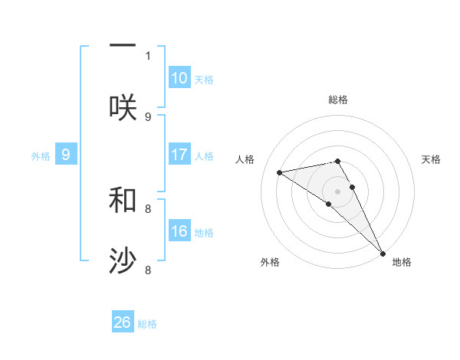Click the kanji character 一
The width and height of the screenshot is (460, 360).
point(123,46)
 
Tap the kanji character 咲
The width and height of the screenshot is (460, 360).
point(123,107)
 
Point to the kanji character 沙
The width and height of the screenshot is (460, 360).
point(123,261)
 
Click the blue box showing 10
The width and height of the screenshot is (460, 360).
point(179,78)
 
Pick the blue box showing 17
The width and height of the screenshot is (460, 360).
point(179,155)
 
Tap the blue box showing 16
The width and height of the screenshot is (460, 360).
point(179,231)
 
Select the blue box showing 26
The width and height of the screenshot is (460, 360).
point(123,322)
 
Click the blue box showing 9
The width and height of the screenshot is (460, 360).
point(66,155)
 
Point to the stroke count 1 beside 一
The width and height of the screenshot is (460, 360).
point(148,56)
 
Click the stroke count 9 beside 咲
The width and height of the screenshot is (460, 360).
point(148,117)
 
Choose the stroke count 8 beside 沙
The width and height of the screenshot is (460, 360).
point(148,270)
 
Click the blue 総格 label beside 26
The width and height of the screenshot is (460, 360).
point(147,324)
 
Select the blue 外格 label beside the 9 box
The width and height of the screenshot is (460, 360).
point(41,156)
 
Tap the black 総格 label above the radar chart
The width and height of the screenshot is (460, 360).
point(338,100)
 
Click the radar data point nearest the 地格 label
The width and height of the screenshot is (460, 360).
point(382,252)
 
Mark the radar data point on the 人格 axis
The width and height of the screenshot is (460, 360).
point(280,172)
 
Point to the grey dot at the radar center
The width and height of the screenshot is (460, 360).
point(338,191)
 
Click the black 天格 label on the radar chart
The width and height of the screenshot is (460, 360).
point(432,159)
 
